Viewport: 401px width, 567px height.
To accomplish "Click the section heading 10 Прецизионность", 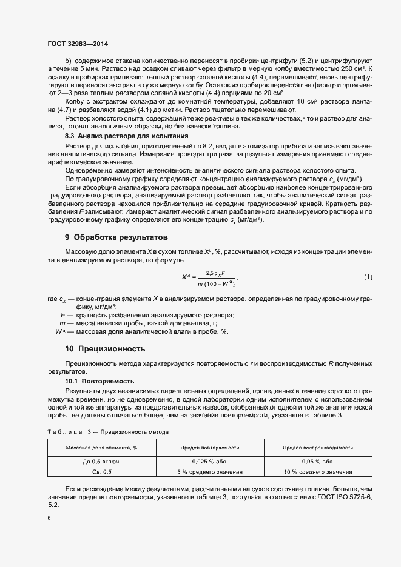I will [105, 349].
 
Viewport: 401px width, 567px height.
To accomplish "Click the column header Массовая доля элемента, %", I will [102, 448].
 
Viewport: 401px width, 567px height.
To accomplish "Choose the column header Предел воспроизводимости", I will [318, 448].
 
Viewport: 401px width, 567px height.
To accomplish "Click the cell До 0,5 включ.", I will [102, 461].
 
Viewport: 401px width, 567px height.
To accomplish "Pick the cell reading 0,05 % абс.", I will [318, 461].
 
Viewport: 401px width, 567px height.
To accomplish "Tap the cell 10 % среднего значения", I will [318, 472].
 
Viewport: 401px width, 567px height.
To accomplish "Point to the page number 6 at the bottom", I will [49, 517].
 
